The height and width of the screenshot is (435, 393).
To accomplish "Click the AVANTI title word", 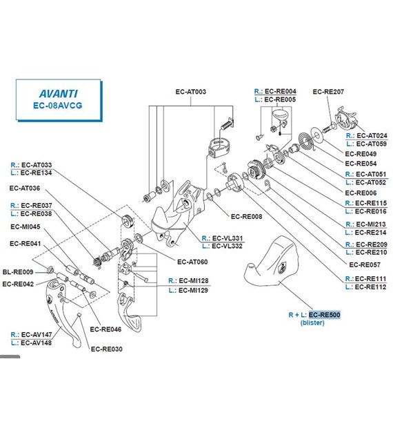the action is point(59,93).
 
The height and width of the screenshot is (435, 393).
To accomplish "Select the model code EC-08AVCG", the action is point(58,106).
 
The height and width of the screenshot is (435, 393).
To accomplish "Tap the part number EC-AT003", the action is point(191,92).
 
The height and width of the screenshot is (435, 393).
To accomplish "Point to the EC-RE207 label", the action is point(328,92).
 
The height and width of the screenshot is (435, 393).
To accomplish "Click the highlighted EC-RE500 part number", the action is point(324,315).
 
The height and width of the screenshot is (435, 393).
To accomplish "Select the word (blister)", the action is point(312,322).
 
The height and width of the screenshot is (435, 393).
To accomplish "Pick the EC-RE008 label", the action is point(247,217).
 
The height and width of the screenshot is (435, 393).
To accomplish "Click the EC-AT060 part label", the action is point(192,262).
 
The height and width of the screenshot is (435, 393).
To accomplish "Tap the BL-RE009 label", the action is point(18,272).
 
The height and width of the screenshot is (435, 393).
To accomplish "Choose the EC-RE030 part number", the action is point(107,349).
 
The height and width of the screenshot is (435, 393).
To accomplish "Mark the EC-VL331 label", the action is point(228,238).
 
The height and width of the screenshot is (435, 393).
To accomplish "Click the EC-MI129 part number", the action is point(193,291).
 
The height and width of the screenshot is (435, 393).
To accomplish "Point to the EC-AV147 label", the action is point(37,335).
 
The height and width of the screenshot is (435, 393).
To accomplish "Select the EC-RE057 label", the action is point(365,265).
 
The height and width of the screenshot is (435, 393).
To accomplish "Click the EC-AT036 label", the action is point(25,188).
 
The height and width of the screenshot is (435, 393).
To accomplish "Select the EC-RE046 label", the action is point(105,329).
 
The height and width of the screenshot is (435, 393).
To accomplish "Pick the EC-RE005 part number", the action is point(280,99).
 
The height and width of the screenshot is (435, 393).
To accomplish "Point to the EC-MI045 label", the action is point(26,227).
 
